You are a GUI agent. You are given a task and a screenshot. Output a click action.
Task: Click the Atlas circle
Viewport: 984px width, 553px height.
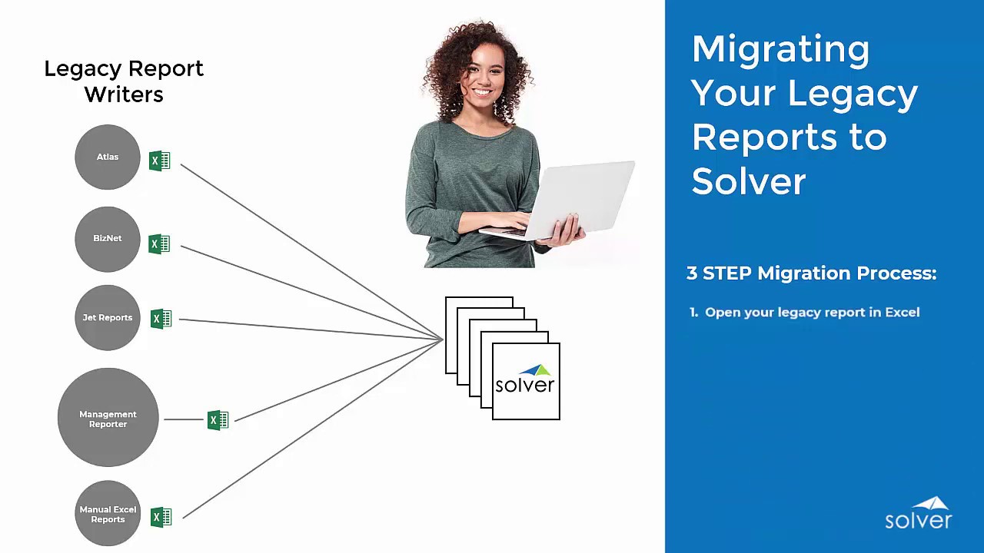pos(108,157)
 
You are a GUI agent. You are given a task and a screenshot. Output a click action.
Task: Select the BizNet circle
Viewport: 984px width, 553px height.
pos(108,239)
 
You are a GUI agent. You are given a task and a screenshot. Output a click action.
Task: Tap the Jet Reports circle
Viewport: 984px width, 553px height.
pos(108,318)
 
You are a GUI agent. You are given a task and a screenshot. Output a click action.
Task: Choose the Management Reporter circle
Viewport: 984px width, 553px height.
pos(108,418)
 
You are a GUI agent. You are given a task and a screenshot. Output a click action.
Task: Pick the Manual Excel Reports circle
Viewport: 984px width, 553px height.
pos(108,514)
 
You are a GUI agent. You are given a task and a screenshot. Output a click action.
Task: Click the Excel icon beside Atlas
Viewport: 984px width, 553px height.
pos(159,161)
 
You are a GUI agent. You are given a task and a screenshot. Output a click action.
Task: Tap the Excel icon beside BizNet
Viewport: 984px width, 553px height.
pos(159,244)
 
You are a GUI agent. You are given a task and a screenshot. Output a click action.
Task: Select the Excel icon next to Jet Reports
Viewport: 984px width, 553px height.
pos(161,319)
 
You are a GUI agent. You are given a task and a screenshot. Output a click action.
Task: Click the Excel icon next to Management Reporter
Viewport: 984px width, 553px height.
pos(218,420)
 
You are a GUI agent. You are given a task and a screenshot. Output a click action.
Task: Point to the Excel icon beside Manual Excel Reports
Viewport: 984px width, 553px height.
pos(161,517)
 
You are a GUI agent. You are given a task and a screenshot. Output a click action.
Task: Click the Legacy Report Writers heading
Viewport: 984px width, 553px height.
pos(124,81)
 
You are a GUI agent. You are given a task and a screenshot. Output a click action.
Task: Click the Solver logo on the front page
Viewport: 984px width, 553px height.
pos(525,381)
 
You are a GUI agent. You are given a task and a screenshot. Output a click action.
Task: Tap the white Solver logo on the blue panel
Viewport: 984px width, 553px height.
pos(918,514)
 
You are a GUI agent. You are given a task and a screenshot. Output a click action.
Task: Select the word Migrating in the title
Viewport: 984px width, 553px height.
pos(780,49)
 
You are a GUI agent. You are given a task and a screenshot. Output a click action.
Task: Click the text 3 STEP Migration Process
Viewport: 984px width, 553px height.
pos(811,273)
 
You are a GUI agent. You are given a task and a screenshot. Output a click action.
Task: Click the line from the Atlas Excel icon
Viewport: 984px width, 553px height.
pos(307,249)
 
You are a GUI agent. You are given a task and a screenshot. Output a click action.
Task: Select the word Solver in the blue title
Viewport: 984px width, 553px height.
pos(748,181)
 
